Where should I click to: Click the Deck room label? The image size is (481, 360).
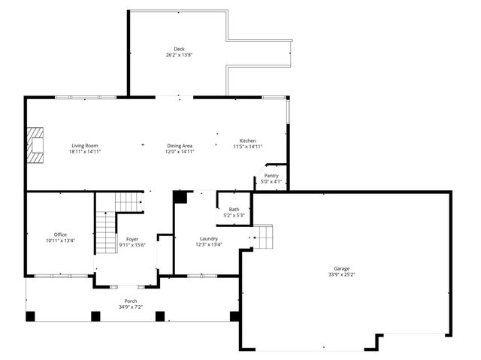(x=179, y=49)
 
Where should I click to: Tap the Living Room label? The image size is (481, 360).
(x=85, y=145)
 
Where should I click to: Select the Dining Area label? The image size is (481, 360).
(x=180, y=145)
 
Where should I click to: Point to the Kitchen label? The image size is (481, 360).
(x=248, y=141)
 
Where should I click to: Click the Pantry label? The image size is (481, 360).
(x=271, y=175)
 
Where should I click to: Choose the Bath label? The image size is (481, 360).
(x=234, y=209)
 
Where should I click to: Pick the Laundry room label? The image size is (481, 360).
(x=209, y=237)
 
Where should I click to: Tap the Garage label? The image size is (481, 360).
(x=342, y=268)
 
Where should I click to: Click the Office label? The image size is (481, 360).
(x=60, y=234)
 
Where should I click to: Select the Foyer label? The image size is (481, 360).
(x=132, y=239)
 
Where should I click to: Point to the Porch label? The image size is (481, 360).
(x=132, y=301)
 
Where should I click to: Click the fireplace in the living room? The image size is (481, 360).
(x=35, y=144)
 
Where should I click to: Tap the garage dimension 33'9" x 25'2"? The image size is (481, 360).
(x=342, y=274)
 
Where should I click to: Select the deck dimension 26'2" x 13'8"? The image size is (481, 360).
(x=179, y=55)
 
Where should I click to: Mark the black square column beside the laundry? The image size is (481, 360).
(x=180, y=197)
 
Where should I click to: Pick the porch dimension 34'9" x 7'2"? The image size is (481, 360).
(x=132, y=307)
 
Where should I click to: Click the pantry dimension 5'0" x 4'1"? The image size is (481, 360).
(x=271, y=181)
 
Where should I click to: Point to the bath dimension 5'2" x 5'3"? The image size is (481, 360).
(x=234, y=215)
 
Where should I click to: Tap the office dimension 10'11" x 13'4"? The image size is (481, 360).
(x=60, y=241)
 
